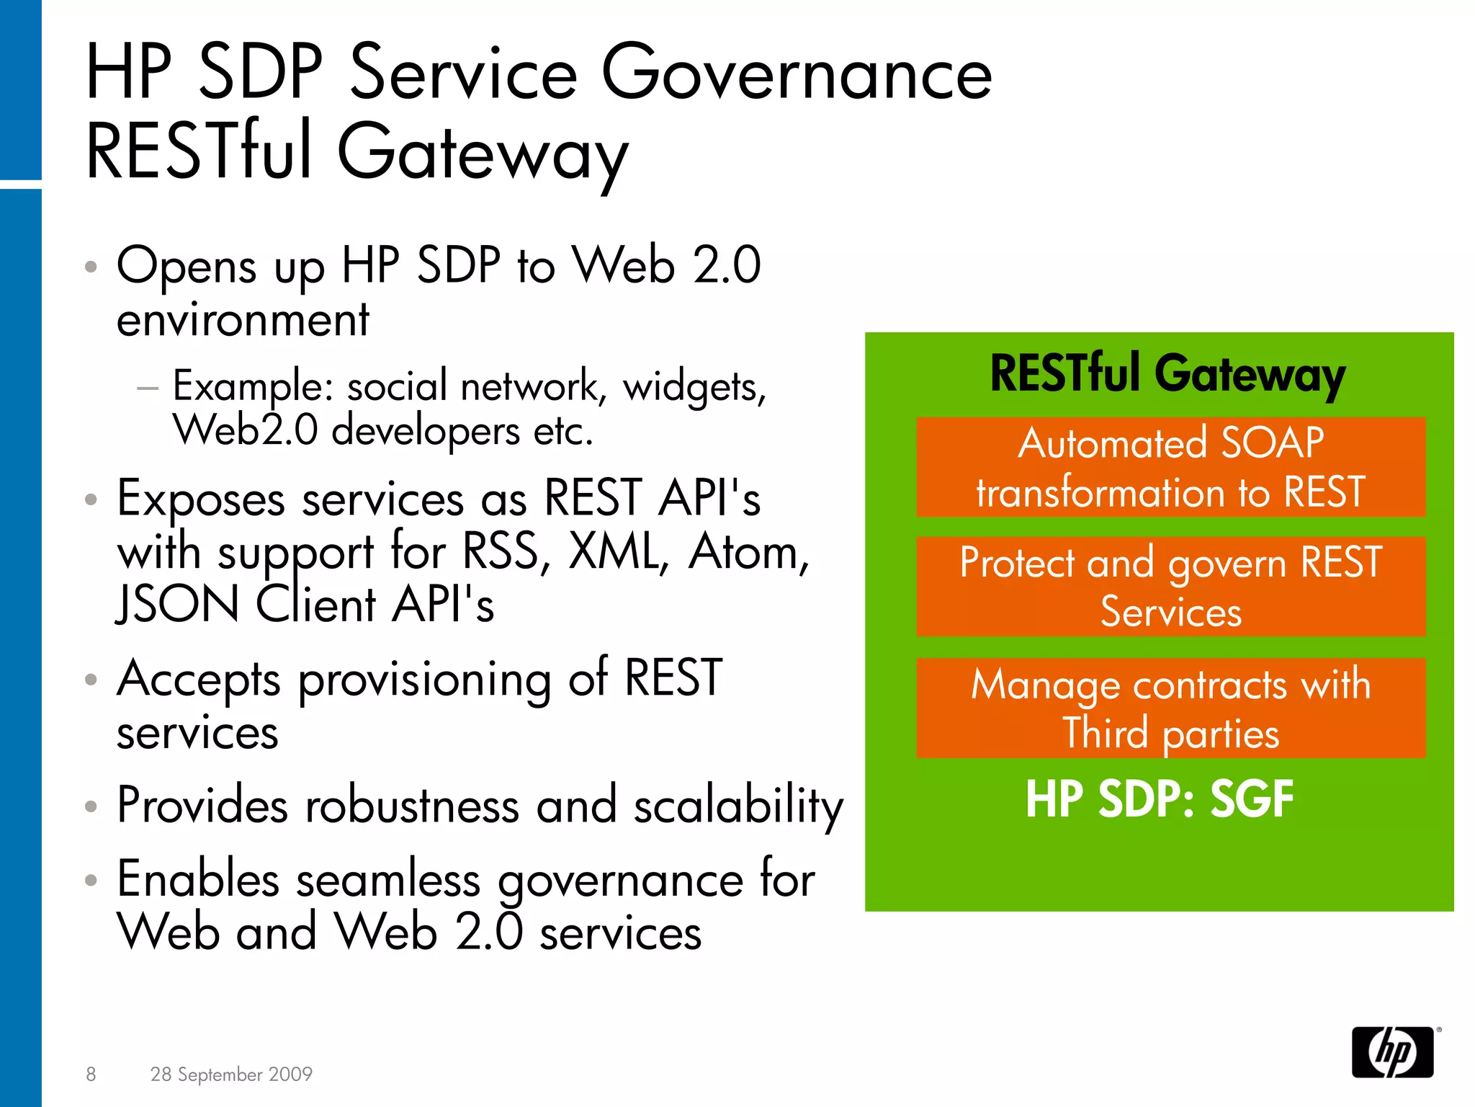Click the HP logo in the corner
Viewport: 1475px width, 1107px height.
[1392, 1052]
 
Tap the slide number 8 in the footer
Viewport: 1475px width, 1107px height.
[91, 1074]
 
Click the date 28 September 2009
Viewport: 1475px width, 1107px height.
[231, 1074]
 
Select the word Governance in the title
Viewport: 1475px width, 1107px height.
[796, 73]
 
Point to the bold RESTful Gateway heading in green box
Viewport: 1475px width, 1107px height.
[1167, 375]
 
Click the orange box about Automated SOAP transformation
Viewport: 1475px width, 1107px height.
[1170, 467]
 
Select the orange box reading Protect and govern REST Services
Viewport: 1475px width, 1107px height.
[1170, 587]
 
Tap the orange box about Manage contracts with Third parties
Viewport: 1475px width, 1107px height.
[1170, 708]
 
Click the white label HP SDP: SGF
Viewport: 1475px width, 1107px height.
[1159, 799]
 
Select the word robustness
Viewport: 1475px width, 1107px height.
[411, 806]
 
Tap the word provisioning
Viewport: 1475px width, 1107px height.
[424, 680]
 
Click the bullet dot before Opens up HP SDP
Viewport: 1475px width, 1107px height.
[91, 267]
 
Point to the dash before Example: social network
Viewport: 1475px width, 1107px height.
[148, 388]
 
